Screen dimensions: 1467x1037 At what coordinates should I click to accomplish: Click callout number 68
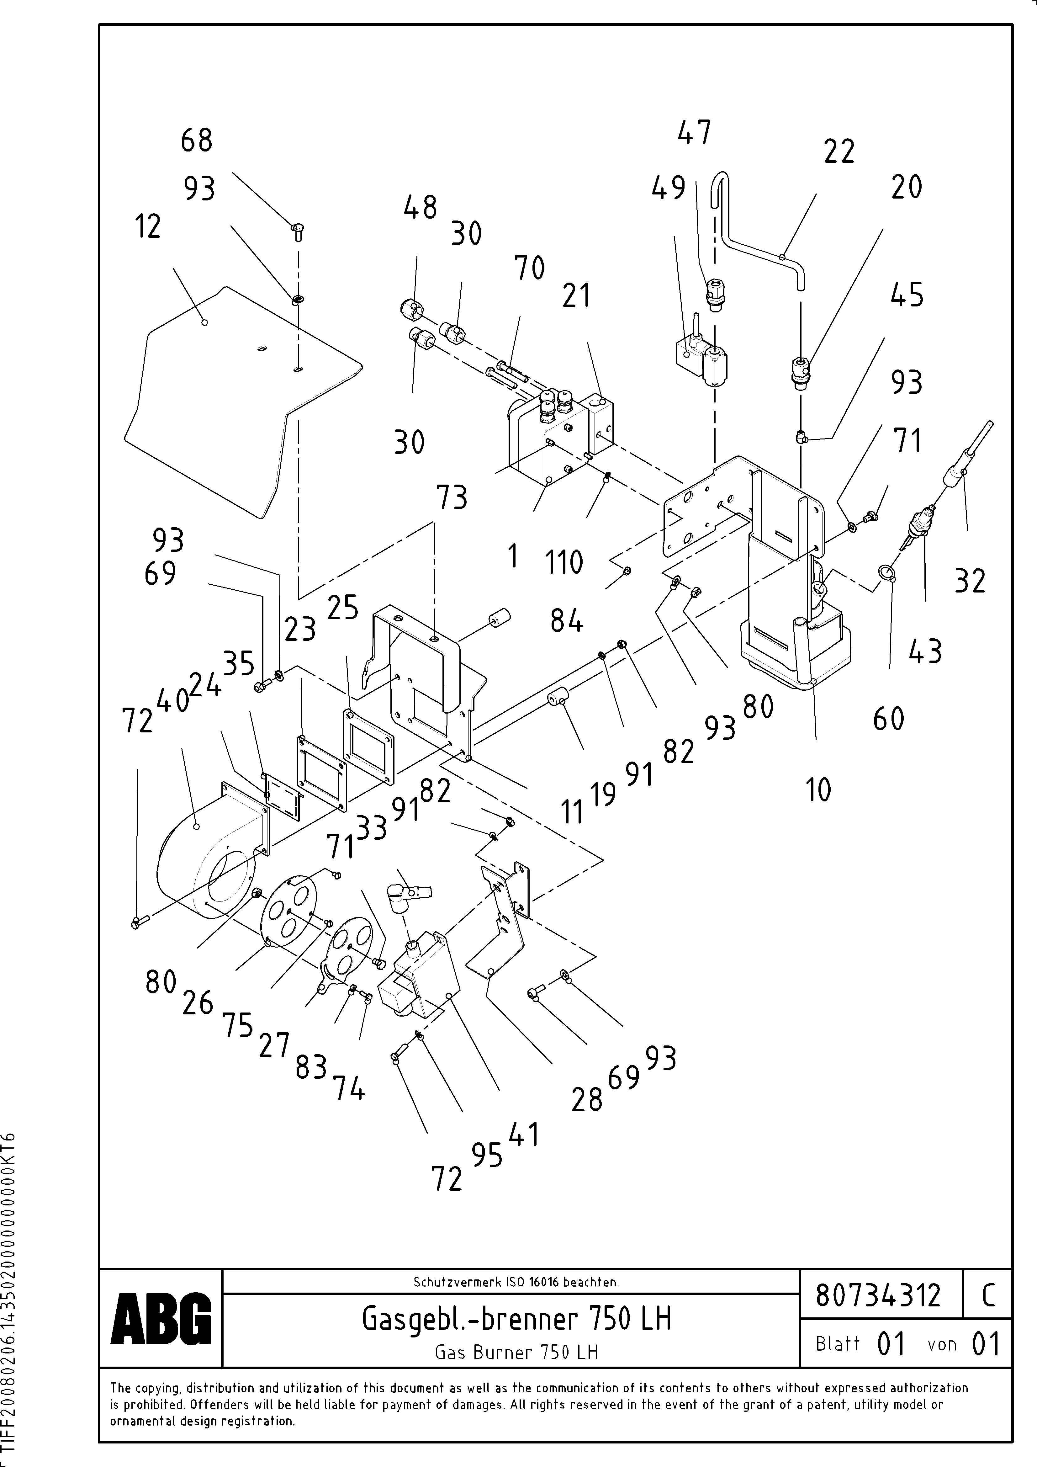196,141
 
